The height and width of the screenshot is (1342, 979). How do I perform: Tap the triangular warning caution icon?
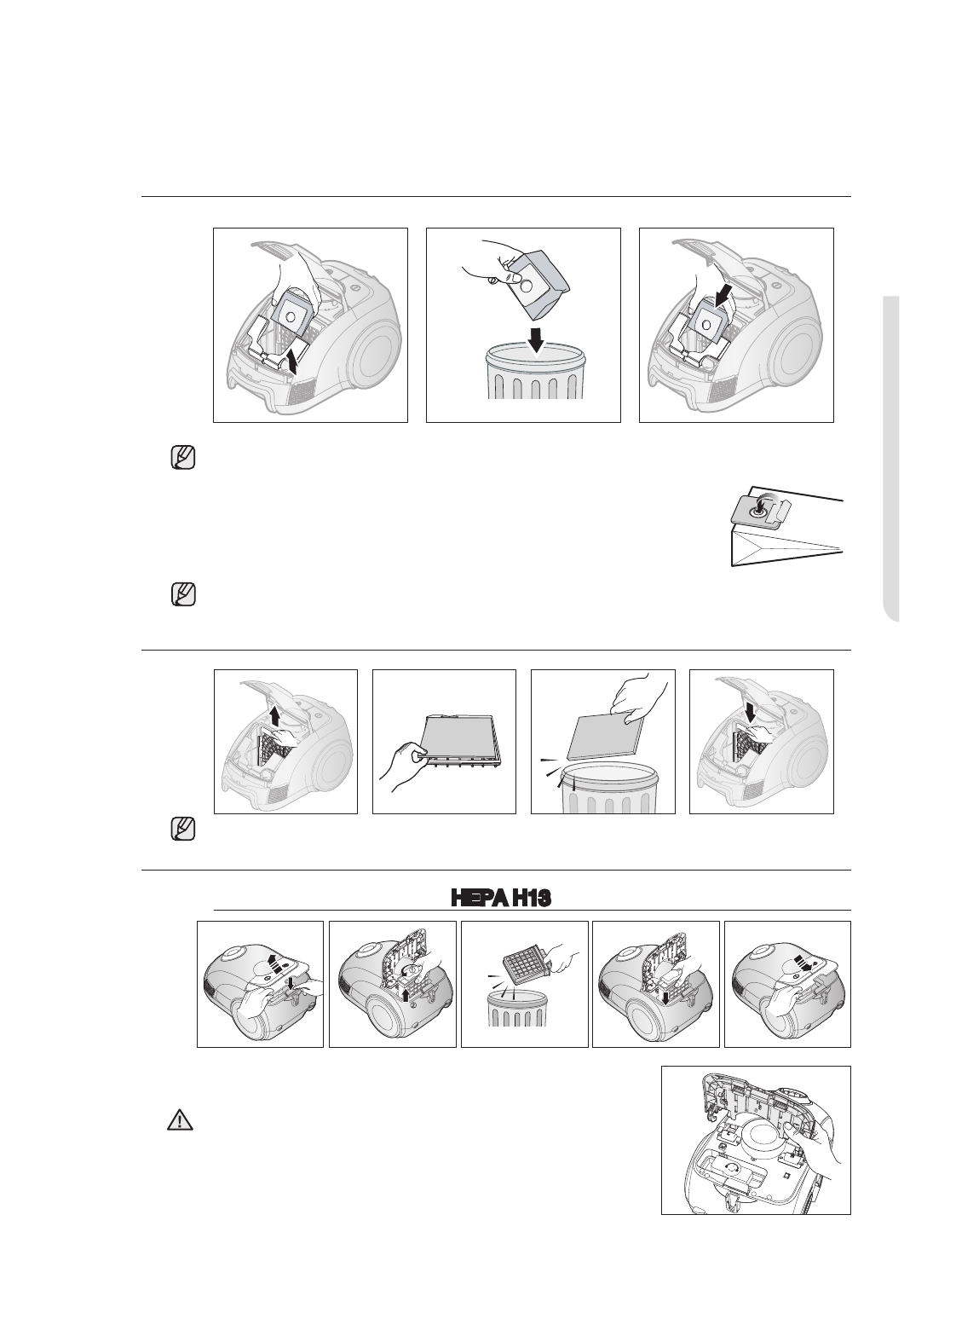180,1120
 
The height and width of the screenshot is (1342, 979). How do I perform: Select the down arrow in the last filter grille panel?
750,709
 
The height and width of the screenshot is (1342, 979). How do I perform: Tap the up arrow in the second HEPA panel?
406,994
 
